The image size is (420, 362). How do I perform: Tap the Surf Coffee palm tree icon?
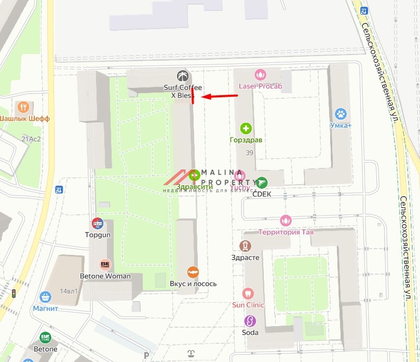tap(181, 75)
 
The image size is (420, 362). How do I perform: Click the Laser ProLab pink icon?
tap(260, 74)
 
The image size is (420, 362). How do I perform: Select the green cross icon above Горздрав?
tap(246, 128)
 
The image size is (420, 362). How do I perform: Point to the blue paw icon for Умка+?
tap(341, 113)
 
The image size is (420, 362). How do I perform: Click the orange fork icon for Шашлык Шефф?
tap(22, 107)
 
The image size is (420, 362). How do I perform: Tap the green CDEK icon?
tap(262, 182)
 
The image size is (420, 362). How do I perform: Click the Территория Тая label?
tap(286, 232)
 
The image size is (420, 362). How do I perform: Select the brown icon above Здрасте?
tap(245, 245)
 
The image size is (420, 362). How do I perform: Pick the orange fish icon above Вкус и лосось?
tap(193, 272)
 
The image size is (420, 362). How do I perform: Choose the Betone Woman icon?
tap(105, 265)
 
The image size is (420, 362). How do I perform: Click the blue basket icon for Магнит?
tap(45, 297)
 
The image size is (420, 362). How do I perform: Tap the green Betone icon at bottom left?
tap(45, 338)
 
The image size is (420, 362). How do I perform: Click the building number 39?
tap(249, 152)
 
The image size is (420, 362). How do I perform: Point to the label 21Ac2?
tap(31, 139)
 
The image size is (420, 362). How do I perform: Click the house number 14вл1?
tap(68, 291)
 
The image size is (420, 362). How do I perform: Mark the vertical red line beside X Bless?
tap(193, 96)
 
